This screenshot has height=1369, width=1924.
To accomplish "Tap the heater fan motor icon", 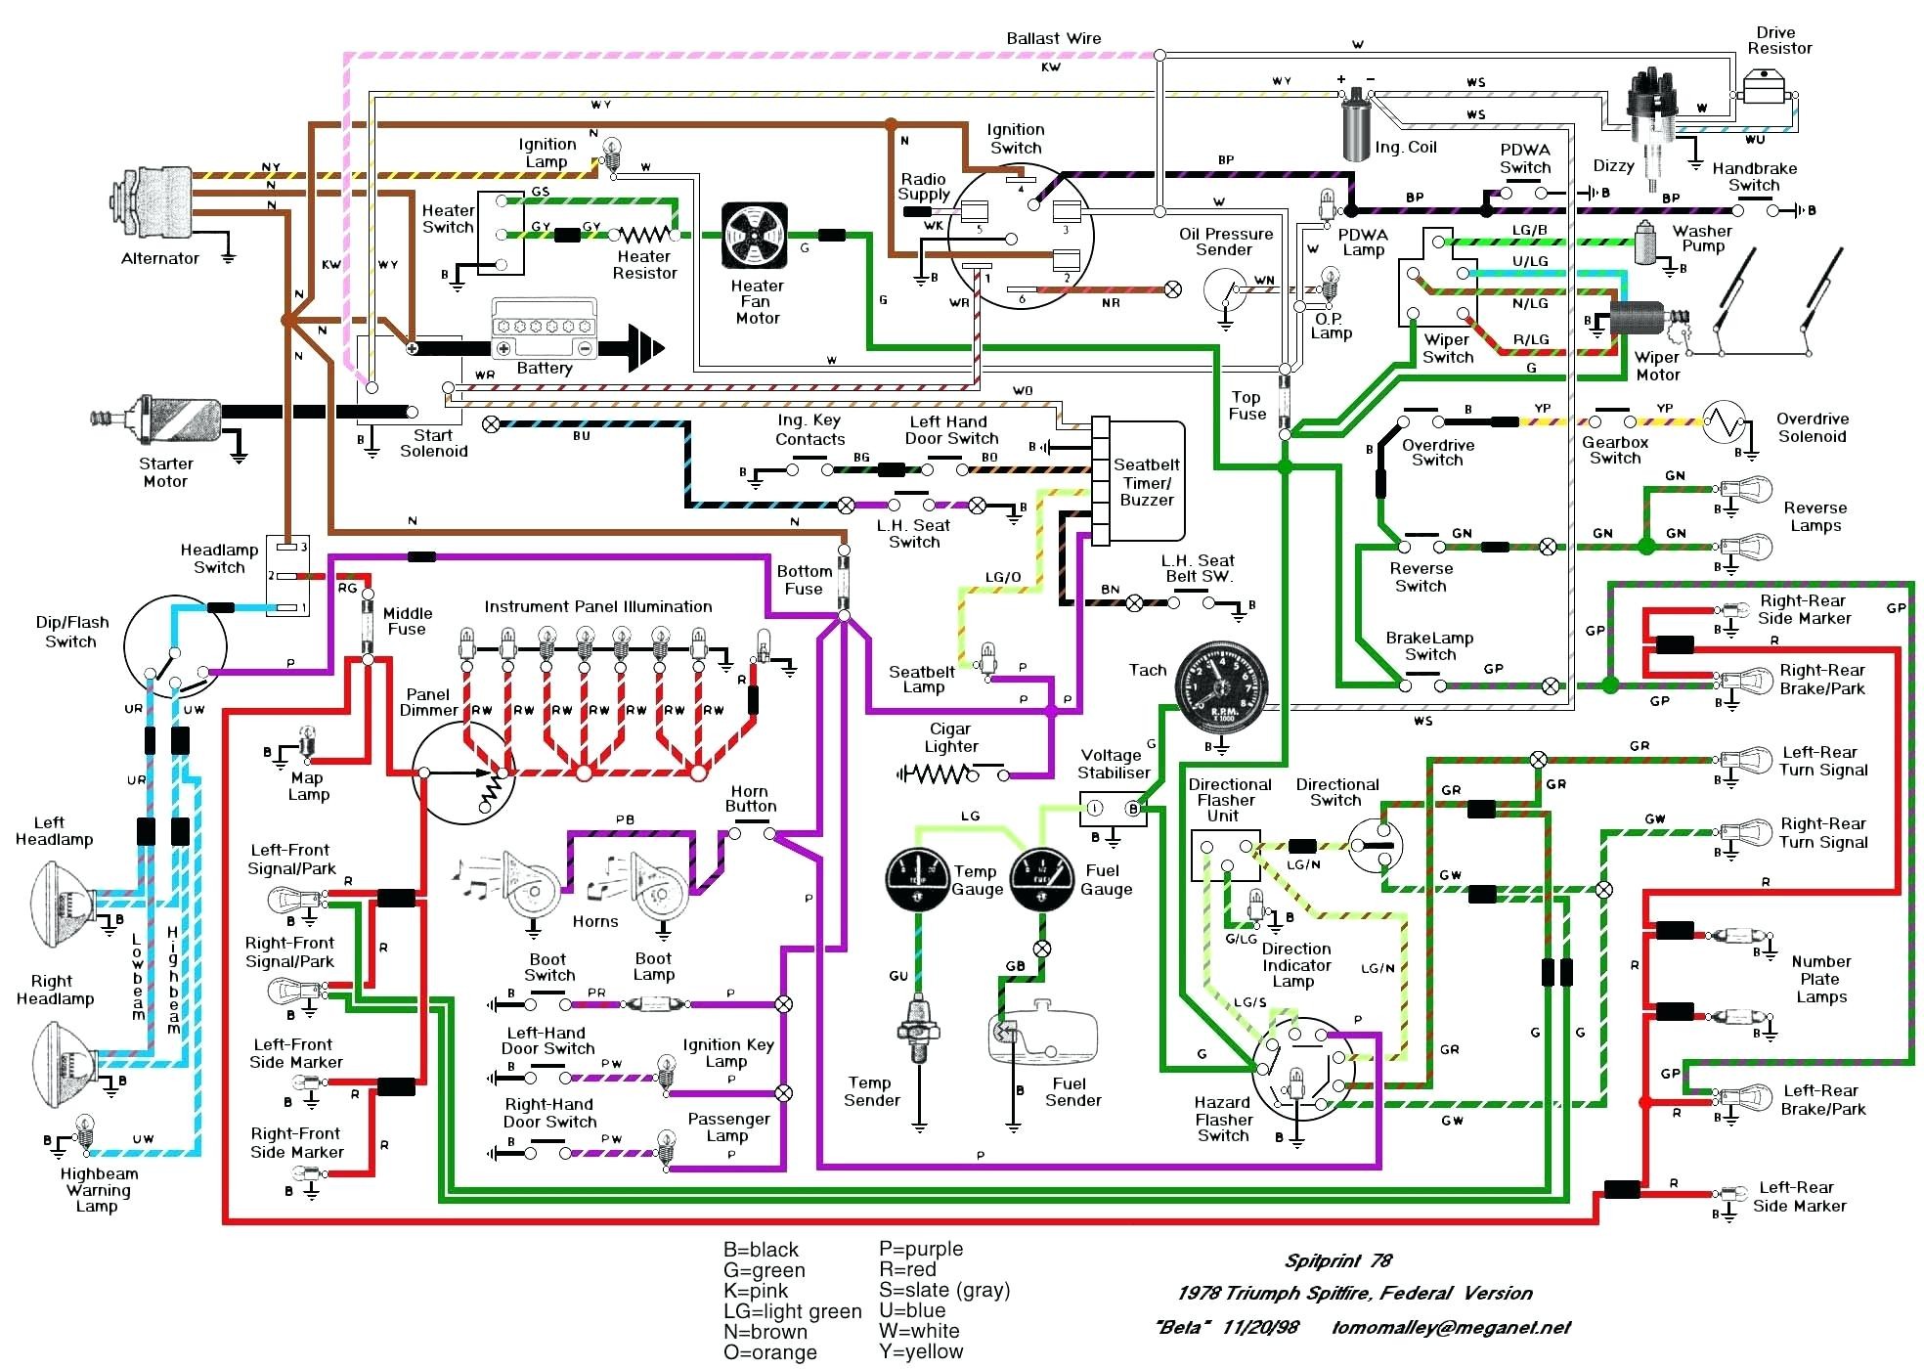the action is (755, 236).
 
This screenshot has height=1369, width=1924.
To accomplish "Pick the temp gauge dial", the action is (918, 880).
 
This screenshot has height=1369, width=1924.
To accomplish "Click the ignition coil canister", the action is (1356, 125).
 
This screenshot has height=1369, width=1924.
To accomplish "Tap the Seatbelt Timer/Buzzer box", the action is (1140, 481).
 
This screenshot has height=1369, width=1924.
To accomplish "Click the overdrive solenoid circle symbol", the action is (1724, 422).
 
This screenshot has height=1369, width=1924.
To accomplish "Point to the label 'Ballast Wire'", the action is (1054, 39).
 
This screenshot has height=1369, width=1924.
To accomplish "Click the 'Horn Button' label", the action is (751, 799).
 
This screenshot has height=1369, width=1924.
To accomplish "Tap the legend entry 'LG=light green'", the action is (793, 1311).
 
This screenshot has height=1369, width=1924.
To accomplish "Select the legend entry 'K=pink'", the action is (756, 1291).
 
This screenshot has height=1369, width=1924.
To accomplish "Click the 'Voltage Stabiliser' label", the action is (1114, 764).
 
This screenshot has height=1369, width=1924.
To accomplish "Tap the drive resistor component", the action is (1766, 89).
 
